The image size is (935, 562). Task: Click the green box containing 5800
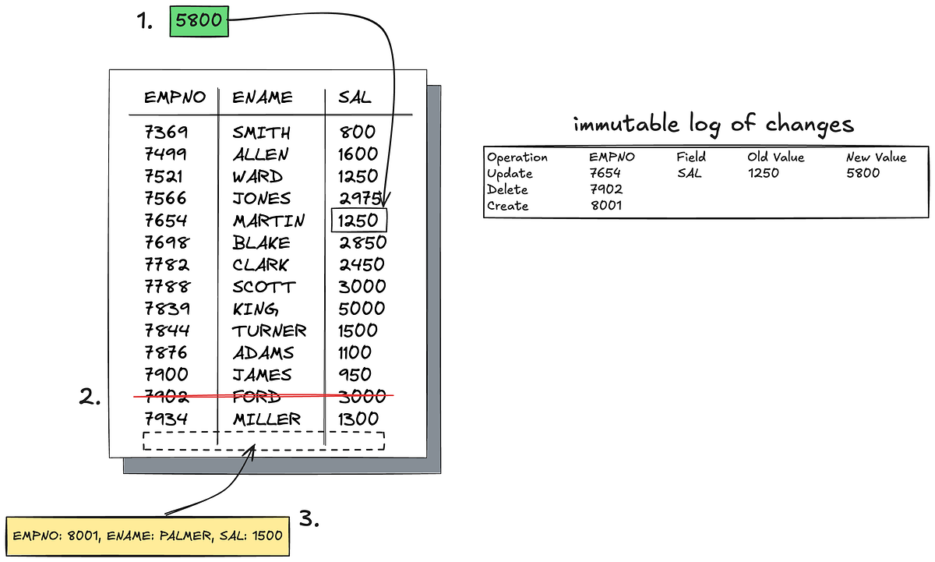[199, 23]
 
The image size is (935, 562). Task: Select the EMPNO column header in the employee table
[175, 97]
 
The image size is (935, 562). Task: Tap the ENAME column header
[263, 97]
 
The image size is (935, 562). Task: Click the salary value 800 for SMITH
[358, 133]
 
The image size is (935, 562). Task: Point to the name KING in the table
[256, 309]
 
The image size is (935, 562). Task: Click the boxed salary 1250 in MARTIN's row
[358, 221]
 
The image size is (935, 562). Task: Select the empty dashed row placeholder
[263, 440]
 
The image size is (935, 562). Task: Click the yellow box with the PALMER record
[147, 535]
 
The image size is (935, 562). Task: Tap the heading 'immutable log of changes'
[713, 125]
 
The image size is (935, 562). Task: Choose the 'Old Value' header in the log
[775, 157]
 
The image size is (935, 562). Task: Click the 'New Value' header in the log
[876, 157]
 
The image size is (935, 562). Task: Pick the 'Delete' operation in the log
[507, 189]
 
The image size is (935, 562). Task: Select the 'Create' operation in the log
[507, 206]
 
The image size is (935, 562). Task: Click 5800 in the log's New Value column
[863, 173]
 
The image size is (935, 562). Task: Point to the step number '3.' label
[309, 519]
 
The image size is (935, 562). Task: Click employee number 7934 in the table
[167, 419]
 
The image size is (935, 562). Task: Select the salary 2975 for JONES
[360, 199]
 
